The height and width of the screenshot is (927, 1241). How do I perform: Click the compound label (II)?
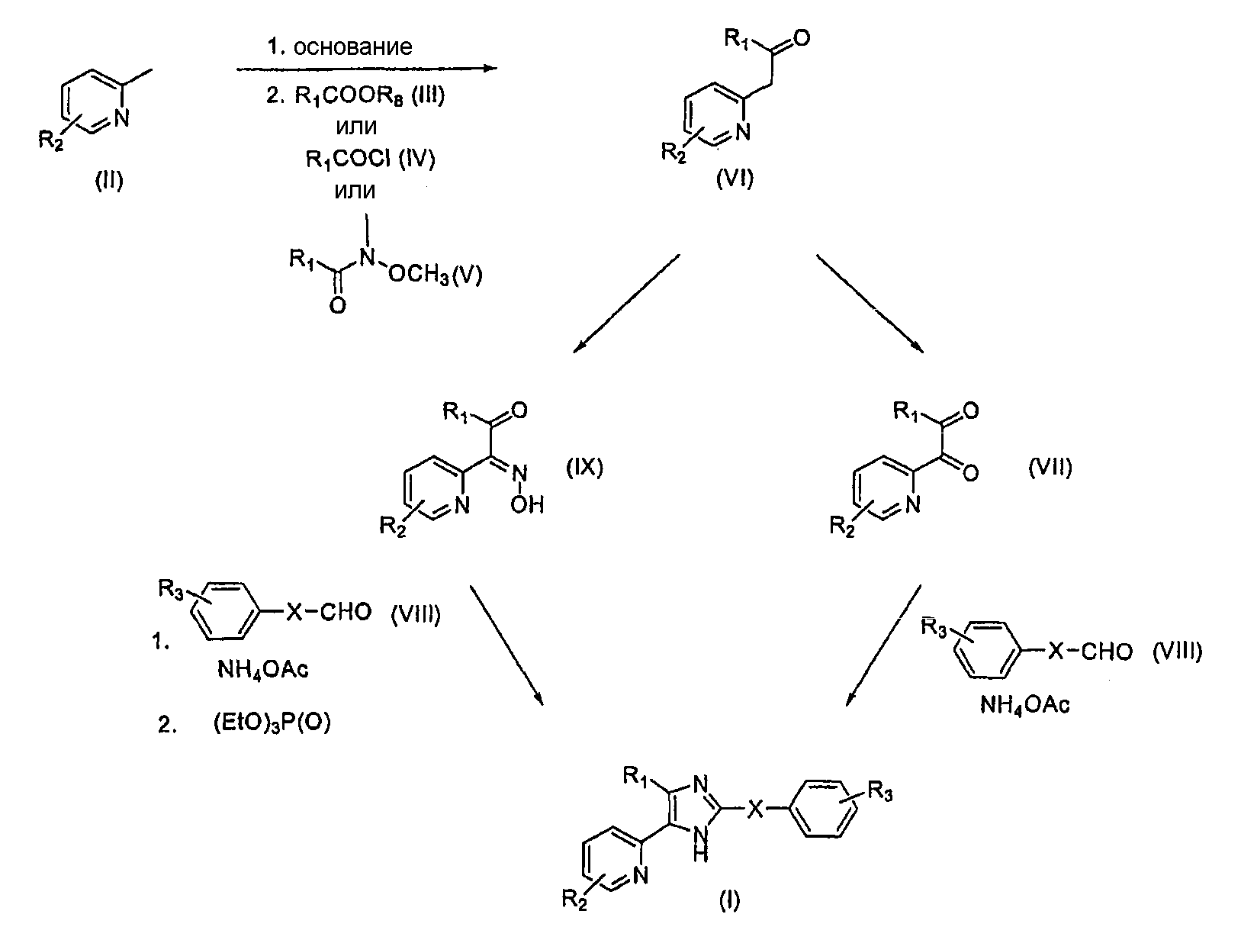click(108, 181)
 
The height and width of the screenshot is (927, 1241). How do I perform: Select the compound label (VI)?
click(735, 179)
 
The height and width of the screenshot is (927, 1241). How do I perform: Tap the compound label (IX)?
click(585, 467)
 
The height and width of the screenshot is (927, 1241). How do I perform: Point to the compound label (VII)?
click(1050, 467)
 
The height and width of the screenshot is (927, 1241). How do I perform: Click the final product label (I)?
click(729, 900)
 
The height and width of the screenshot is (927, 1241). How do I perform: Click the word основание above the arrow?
click(353, 47)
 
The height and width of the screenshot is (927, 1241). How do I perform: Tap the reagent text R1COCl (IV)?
click(371, 159)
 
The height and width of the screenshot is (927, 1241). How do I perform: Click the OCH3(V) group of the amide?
click(436, 275)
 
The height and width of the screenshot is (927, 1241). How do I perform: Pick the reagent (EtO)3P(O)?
click(272, 723)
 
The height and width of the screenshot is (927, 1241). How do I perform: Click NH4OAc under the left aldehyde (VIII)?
click(263, 670)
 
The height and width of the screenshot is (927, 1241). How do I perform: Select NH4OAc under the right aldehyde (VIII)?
click(1024, 705)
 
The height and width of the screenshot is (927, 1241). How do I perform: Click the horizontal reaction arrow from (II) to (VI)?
click(366, 69)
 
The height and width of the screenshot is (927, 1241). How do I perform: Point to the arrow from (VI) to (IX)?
click(626, 303)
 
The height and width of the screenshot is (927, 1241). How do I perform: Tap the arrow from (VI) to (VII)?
click(870, 304)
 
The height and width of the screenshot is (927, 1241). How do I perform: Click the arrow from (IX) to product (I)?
click(506, 645)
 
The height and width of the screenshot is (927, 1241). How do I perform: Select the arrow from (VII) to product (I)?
click(883, 645)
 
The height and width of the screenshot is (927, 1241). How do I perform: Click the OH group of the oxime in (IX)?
click(527, 505)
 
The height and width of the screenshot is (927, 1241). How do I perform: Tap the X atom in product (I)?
click(755, 810)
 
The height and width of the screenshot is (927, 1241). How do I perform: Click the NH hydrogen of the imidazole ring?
click(700, 854)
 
